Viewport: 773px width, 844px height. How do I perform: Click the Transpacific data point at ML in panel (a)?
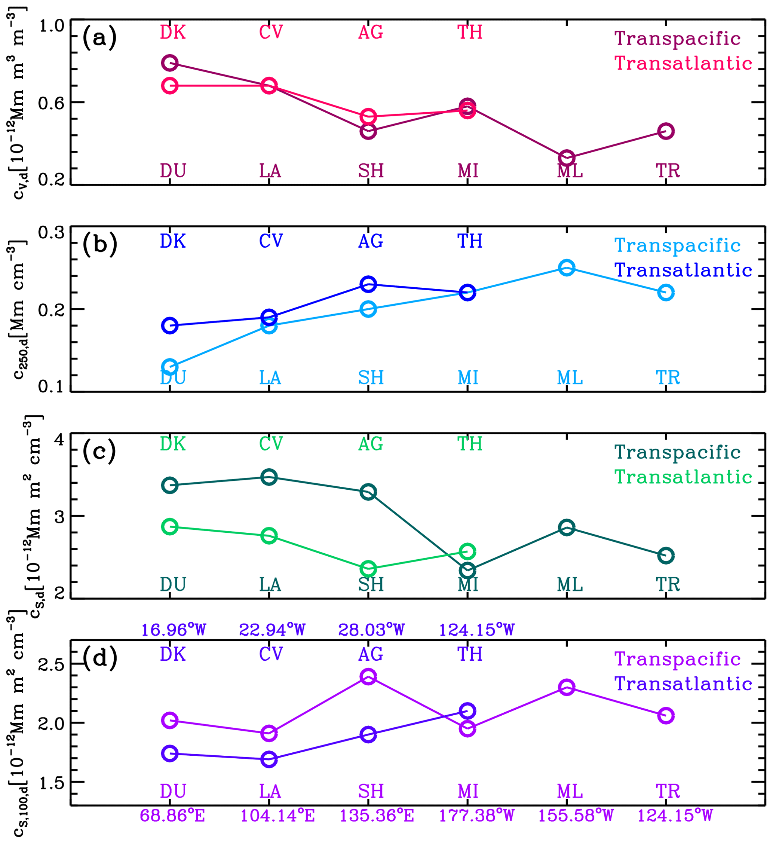[567, 158]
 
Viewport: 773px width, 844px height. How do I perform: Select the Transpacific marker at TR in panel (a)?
[666, 131]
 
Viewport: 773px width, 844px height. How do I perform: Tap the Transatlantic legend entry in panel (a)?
[683, 63]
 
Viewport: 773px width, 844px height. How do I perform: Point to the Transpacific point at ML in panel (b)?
[567, 267]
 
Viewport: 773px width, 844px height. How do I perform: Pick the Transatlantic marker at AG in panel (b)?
[368, 284]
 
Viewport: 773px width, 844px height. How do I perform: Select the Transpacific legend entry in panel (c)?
[677, 452]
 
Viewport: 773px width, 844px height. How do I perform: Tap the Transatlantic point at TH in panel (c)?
[467, 551]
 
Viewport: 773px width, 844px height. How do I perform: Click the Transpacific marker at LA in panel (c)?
[269, 477]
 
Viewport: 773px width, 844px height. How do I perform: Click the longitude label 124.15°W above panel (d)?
[476, 630]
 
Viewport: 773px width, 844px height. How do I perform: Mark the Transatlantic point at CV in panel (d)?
[269, 759]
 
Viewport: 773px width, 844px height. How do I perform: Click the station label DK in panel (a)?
[172, 32]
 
